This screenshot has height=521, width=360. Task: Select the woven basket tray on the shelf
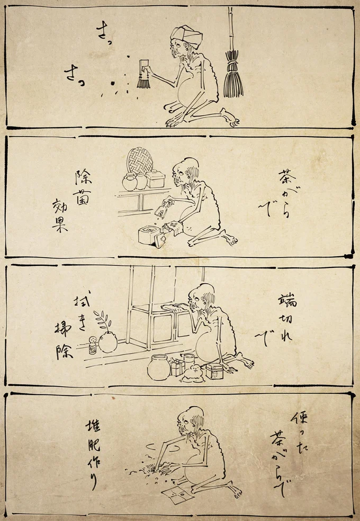140,160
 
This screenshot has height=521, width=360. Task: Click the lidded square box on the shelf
156,179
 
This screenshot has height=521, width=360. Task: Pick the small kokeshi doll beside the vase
92,346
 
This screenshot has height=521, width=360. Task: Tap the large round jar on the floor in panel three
159,367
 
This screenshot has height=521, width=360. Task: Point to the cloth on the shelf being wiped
174,307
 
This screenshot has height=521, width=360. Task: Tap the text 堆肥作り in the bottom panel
93,454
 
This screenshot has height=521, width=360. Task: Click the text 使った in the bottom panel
300,426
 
